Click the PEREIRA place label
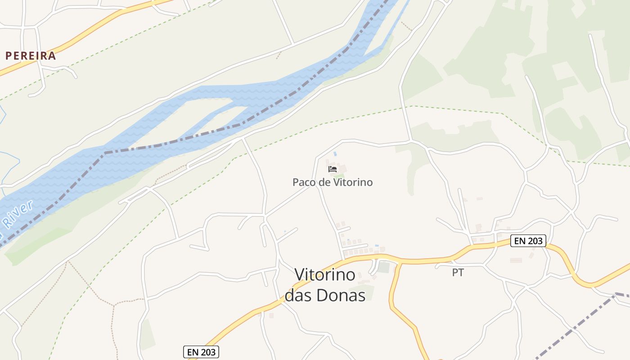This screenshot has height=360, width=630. (x=31, y=56)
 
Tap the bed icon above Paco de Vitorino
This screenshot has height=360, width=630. (x=333, y=169)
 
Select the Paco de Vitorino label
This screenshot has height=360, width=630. (x=333, y=182)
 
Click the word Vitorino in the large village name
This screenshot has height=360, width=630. (x=325, y=274)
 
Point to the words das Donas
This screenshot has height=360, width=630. (x=325, y=295)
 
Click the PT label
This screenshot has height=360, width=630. (x=458, y=273)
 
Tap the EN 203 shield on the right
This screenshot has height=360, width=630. (x=528, y=241)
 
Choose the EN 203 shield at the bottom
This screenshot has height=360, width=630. (x=201, y=352)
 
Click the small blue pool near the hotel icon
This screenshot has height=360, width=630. (x=335, y=154)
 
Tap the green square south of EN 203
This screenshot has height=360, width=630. (x=383, y=267)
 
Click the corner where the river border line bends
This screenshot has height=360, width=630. (x=104, y=153)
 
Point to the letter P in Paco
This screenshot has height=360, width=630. (x=296, y=182)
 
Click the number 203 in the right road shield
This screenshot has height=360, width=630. (x=535, y=241)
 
